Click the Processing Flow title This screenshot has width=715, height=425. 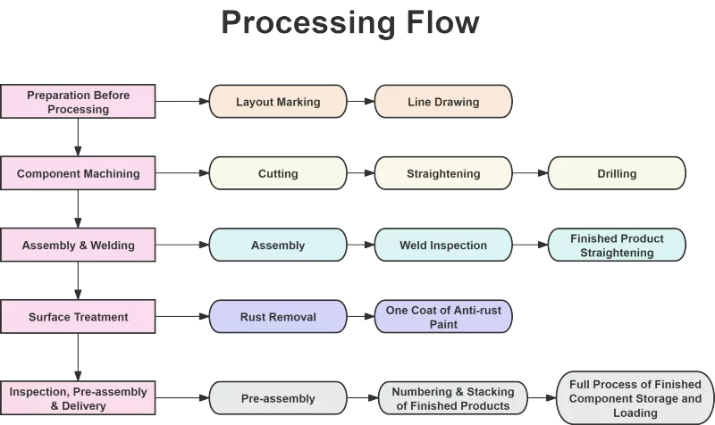tap(350, 22)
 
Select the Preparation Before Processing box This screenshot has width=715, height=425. tap(78, 101)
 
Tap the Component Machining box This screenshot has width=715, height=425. tap(78, 173)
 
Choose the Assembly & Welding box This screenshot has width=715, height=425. tap(78, 245)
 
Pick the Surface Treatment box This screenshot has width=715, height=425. tap(78, 317)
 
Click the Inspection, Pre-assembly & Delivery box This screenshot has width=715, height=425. tap(78, 398)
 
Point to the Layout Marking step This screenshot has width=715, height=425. tap(278, 101)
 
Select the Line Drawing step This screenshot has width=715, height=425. tap(443, 101)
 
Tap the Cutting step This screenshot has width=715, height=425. tap(278, 173)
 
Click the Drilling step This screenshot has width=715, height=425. tap(617, 173)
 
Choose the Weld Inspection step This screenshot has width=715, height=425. tap(443, 245)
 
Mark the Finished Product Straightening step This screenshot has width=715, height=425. tap(617, 245)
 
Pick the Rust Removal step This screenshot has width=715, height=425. tap(278, 317)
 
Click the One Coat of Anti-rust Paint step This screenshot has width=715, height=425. tap(443, 317)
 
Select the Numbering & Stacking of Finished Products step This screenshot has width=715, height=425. tap(453, 398)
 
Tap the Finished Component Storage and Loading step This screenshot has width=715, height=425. tap(635, 398)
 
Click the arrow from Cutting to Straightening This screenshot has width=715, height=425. tap(361, 173)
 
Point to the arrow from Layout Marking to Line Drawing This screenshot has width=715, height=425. tap(361, 101)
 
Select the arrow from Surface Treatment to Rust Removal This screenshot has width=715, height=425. tap(182, 317)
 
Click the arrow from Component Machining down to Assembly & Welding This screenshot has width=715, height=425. tap(78, 209)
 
